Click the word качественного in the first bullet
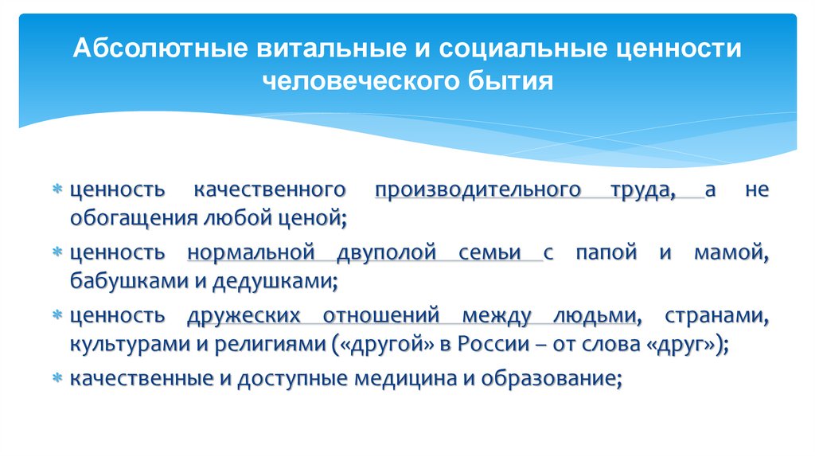tap(269, 190)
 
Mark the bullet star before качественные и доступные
tap(57, 379)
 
